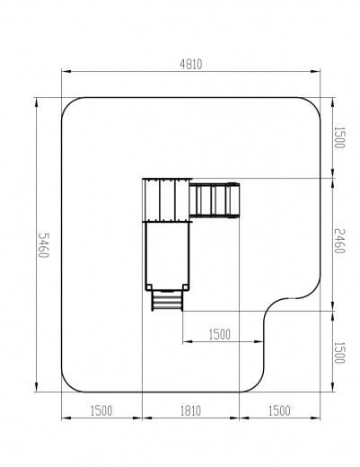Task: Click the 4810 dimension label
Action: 191,65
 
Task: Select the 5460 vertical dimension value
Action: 43,245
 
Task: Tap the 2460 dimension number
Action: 339,241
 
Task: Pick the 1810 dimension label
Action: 190,410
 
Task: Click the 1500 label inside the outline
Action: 220,334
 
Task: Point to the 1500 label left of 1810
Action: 101,410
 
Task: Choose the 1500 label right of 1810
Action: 279,410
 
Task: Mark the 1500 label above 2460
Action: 339,137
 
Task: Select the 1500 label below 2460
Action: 339,352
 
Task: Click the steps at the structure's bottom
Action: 167,300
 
